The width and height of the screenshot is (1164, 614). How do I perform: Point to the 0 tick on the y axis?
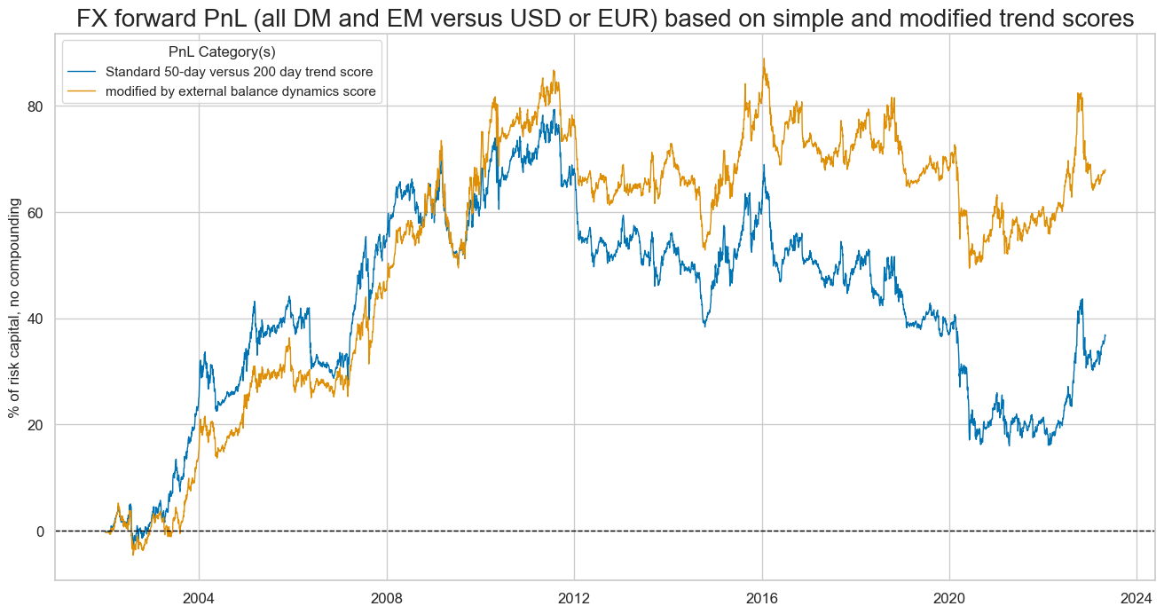point(40,531)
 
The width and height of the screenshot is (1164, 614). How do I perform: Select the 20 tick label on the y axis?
point(35,425)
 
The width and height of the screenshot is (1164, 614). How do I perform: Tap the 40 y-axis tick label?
point(35,319)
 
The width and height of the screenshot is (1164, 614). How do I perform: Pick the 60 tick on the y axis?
point(35,213)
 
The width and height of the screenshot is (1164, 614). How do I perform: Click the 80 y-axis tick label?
point(35,106)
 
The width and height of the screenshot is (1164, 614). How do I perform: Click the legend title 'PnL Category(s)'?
point(221,51)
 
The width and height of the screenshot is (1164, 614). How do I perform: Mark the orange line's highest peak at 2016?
point(763,59)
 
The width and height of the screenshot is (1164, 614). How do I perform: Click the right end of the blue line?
point(1105,335)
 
